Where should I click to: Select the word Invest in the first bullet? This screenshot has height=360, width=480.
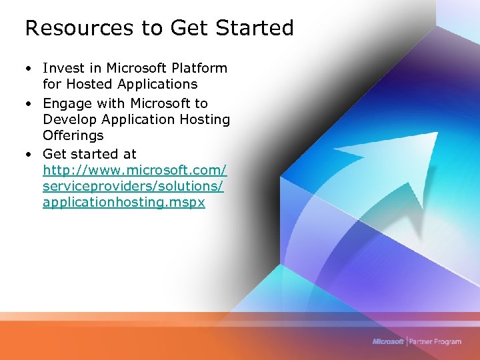63,68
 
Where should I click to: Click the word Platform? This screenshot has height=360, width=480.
198,68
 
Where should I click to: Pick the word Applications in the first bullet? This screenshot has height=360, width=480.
157,85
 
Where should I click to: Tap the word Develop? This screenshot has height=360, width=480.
69,120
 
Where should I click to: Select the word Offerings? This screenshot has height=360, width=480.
73,136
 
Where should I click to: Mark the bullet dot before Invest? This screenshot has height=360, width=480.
30,69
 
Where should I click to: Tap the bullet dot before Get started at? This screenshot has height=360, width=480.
30,155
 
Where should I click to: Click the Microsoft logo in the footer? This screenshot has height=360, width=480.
388,341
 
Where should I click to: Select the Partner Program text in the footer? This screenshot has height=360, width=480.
435,341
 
